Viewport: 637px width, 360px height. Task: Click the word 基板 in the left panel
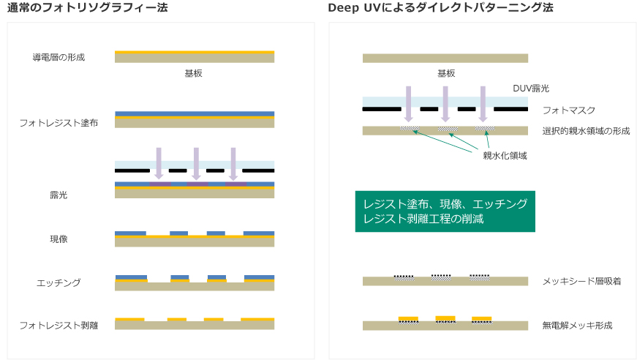194,74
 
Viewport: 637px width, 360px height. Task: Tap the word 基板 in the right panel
446,73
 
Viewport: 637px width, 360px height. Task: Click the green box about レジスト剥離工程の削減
445,211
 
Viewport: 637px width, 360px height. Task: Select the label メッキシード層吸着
581,281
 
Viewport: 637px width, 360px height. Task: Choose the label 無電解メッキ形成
577,324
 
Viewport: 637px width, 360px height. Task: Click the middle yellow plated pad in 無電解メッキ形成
445,318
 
